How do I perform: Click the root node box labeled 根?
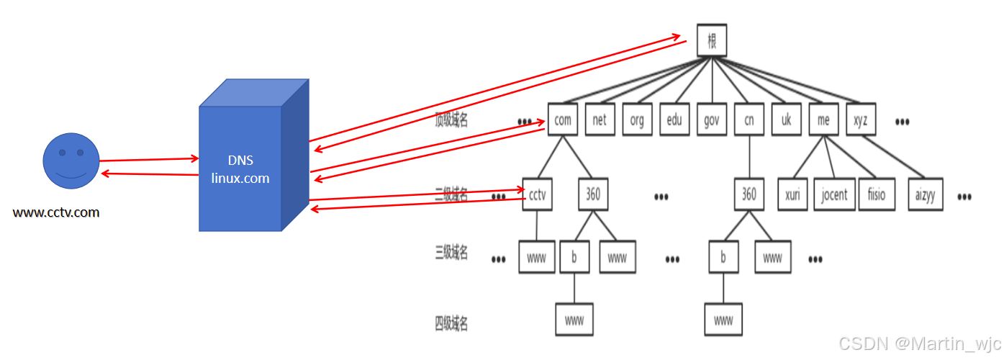pos(712,41)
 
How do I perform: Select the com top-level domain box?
pos(563,120)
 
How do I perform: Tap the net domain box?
pos(600,120)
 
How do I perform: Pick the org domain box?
pos(637,120)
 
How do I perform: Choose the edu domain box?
pos(674,120)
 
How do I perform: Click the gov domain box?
pos(712,120)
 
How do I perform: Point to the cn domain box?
pos(749,120)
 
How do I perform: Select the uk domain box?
pos(786,120)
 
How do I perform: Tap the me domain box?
pos(823,120)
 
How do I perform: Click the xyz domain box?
pos(861,120)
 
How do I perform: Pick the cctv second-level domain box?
pos(537,194)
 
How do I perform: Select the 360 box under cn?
pos(749,194)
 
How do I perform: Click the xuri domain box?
pos(792,194)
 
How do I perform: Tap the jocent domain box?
pos(834,194)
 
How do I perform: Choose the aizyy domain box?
pos(926,194)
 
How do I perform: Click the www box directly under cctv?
pos(537,258)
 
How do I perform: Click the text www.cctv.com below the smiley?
pos(56,212)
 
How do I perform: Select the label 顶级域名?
pos(451,120)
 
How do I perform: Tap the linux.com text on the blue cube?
pos(240,178)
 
